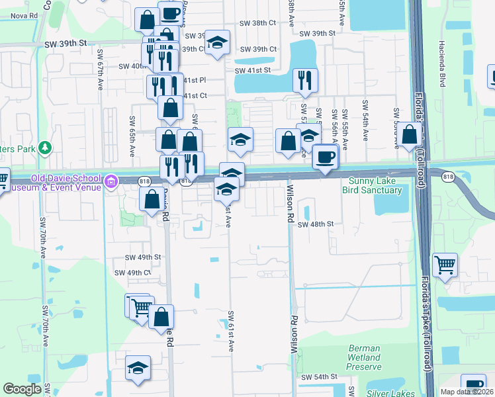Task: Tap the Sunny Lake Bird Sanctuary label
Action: [x=372, y=185]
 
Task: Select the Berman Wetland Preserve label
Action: [x=364, y=357]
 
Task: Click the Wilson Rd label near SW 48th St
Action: [x=289, y=202]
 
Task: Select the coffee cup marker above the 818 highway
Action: [x=325, y=157]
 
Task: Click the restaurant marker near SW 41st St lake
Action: [x=304, y=81]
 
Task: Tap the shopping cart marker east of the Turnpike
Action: [x=445, y=265]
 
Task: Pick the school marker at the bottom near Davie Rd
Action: [x=138, y=369]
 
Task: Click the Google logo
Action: [x=22, y=389]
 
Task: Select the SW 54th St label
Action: [x=320, y=376]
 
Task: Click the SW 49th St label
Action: [x=143, y=257]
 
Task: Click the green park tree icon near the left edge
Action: [x=44, y=147]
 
